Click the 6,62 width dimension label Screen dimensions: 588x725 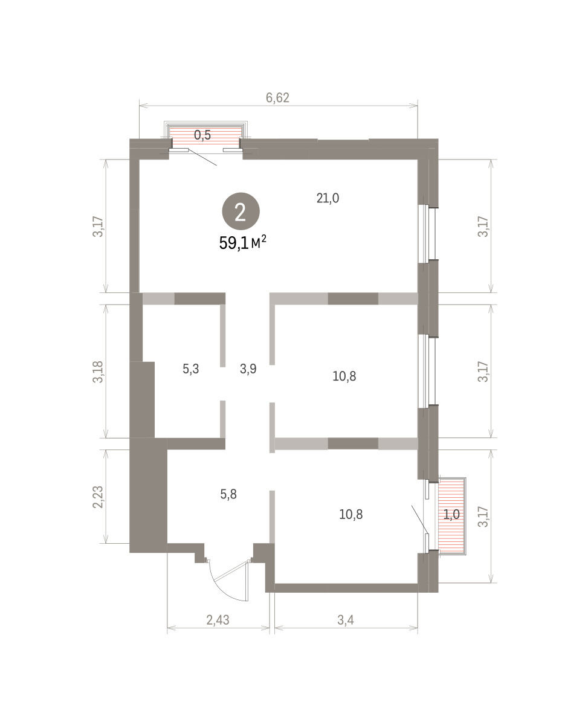(277, 98)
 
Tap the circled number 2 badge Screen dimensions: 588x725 (241, 211)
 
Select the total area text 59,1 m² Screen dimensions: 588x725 (242, 243)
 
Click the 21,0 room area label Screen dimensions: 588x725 (328, 198)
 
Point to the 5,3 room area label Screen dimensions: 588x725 (191, 369)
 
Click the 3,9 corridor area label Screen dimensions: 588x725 (248, 369)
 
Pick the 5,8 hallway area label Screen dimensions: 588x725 (228, 494)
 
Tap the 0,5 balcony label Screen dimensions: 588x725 (202, 135)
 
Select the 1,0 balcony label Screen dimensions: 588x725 (451, 514)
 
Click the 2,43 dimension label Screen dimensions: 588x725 (218, 620)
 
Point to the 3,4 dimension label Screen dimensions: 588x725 (346, 620)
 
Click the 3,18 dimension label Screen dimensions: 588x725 (98, 372)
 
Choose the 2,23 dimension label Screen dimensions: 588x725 (98, 497)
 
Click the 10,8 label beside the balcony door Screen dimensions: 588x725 (351, 514)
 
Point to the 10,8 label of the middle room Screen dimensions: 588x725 (344, 376)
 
